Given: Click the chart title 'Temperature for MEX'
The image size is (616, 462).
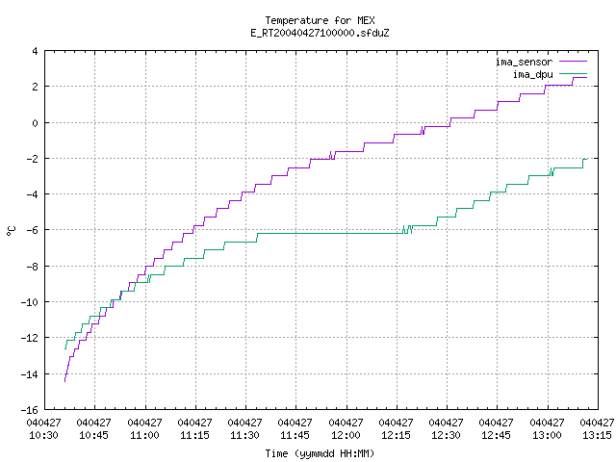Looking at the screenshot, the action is [320, 20].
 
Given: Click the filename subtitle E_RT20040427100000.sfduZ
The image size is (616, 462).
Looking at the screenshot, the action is [320, 33].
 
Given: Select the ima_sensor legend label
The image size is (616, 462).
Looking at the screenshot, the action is [524, 62].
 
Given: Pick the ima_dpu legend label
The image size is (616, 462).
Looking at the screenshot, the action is [532, 74].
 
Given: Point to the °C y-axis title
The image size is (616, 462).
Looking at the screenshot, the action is [12, 231].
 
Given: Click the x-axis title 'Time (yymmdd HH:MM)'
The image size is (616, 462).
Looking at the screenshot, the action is [320, 453].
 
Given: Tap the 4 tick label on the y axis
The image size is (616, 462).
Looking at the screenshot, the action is [35, 51].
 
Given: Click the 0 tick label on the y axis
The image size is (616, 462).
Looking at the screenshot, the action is [35, 123].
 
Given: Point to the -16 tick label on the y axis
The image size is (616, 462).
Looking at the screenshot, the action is [30, 410].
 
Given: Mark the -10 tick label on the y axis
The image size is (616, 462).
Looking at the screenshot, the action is [30, 302].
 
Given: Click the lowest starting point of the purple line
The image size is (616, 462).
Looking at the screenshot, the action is [64, 381].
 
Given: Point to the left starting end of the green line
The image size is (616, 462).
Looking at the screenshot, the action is [65, 348].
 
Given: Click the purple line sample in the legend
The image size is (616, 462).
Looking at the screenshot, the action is [574, 62].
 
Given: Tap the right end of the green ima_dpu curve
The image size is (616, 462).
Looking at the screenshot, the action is [587, 159].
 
